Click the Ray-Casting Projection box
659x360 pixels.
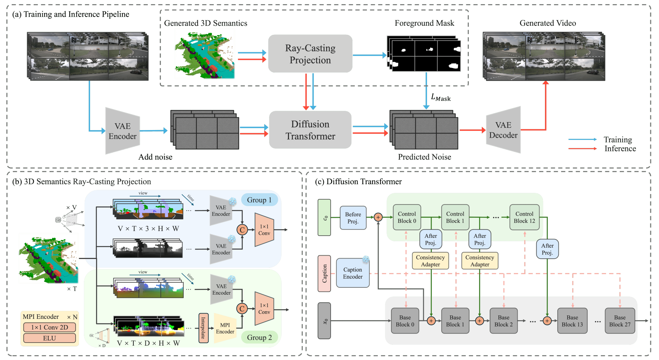click(x=310, y=54)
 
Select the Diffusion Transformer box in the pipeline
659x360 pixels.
click(x=310, y=130)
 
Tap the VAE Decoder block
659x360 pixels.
click(x=503, y=130)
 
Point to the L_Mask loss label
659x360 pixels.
click(x=441, y=98)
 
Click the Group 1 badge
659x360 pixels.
click(x=259, y=200)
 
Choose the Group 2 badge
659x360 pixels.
click(x=259, y=337)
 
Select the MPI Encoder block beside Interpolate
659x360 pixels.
click(x=225, y=328)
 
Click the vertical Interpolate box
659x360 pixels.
click(x=203, y=328)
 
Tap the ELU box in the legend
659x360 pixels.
click(x=50, y=338)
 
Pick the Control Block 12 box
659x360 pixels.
click(x=524, y=217)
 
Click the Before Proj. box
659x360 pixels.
click(x=353, y=218)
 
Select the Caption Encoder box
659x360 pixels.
click(x=353, y=273)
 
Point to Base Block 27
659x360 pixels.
click(x=620, y=321)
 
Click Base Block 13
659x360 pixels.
click(x=572, y=321)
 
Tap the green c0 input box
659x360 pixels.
click(x=324, y=217)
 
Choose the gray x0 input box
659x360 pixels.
click(x=324, y=321)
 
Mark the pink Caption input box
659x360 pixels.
click(x=324, y=273)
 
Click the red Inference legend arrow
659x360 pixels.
click(x=582, y=149)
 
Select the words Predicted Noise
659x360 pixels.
click(x=424, y=157)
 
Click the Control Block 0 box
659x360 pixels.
click(x=407, y=217)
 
